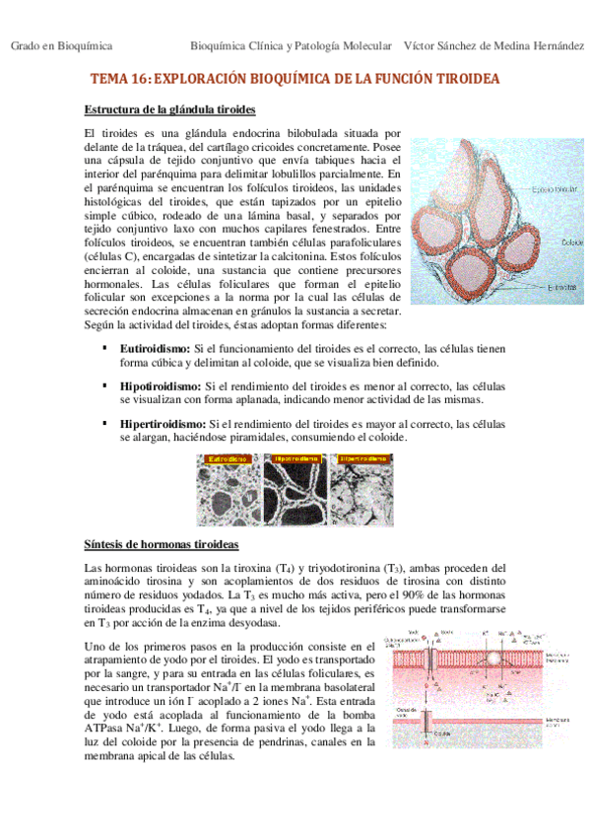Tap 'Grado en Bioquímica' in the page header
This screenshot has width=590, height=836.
[x=61, y=46]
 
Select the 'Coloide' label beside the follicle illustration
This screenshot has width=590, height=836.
[x=571, y=241]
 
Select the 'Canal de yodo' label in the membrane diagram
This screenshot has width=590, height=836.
[x=408, y=712]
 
